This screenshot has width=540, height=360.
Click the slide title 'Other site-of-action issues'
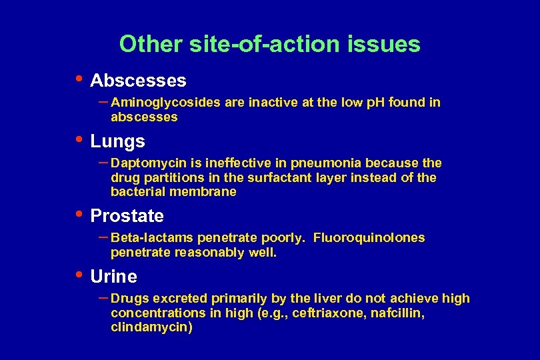point(269,44)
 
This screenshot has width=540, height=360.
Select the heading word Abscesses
point(138,81)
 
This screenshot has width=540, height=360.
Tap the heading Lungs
point(117,141)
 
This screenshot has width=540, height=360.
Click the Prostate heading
point(127,216)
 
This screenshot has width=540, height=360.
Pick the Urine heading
point(114,277)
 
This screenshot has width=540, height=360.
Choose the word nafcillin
point(388,313)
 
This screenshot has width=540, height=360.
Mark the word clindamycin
point(150,327)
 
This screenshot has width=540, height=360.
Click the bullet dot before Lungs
point(79,140)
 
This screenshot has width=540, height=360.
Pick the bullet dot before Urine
point(79,275)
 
